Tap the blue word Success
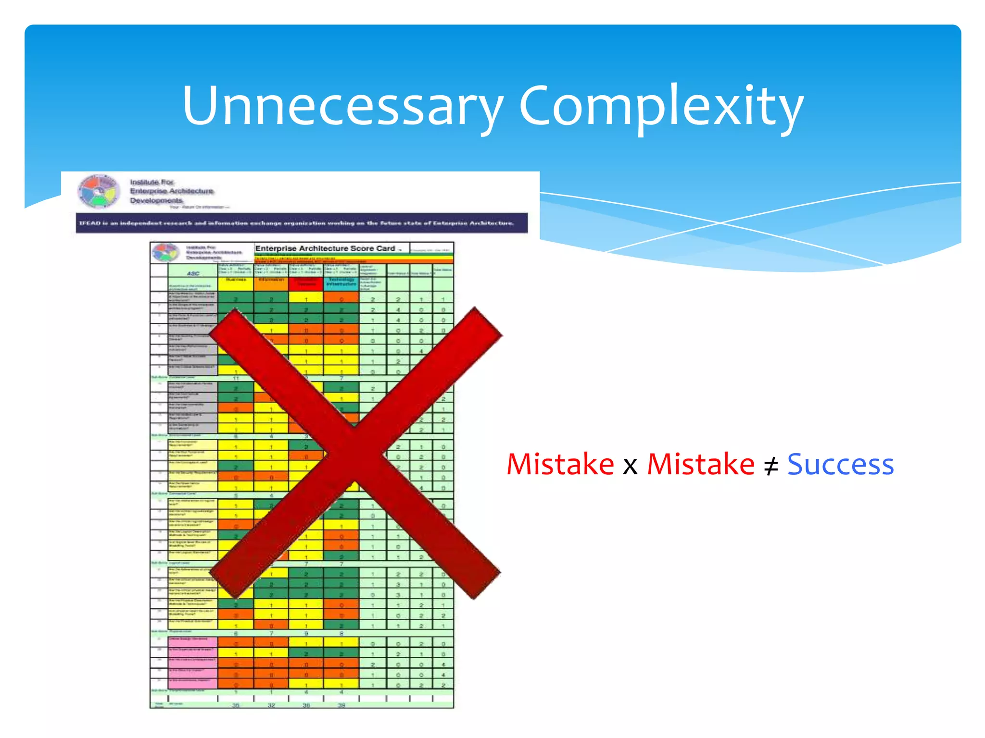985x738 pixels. tap(840, 465)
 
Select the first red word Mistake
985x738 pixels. tap(560, 465)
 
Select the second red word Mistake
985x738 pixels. tap(701, 465)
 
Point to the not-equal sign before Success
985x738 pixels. tap(770, 466)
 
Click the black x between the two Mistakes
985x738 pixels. tap(630, 467)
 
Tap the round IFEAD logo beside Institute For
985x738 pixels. tap(99, 191)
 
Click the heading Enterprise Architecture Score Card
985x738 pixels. tap(325, 248)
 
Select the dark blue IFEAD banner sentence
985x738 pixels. tap(302, 223)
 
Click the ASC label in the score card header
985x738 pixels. tap(193, 273)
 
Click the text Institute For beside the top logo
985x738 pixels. tap(152, 182)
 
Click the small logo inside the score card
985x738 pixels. tap(164, 252)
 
